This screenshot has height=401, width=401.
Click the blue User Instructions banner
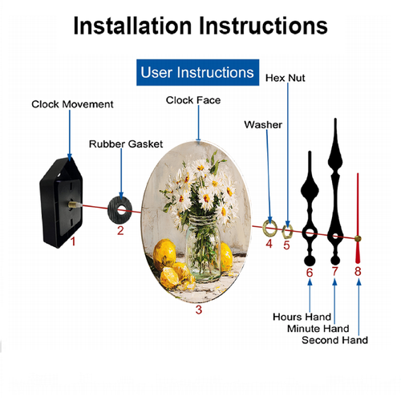(197, 72)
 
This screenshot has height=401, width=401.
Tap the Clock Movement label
(72, 104)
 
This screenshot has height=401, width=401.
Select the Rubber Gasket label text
(126, 144)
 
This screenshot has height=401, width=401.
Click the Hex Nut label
(285, 78)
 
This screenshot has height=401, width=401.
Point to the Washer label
(263, 125)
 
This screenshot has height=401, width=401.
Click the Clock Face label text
(193, 100)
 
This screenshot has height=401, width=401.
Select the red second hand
(358, 218)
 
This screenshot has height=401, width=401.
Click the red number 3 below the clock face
(199, 310)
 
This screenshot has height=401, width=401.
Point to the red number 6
(310, 273)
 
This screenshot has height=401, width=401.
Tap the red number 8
(358, 271)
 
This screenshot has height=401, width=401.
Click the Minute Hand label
(318, 329)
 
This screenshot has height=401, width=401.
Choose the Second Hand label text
(334, 340)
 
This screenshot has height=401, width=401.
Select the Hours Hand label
(302, 317)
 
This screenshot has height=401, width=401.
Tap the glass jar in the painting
(203, 247)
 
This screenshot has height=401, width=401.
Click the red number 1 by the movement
(73, 242)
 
